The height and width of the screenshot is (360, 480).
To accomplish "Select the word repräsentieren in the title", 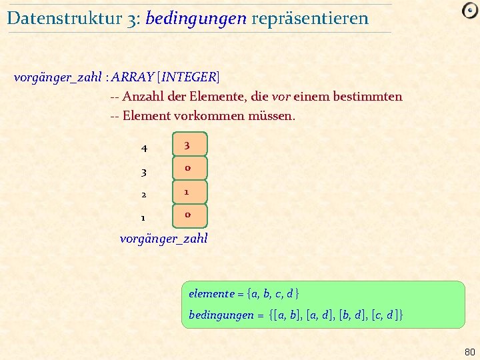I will pyautogui.click(x=310, y=18).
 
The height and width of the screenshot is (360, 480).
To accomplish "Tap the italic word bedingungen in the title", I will pyautogui.click(x=195, y=18).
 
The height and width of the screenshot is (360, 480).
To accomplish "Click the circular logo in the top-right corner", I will pyautogui.click(x=469, y=12).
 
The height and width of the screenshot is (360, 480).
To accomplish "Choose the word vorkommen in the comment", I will pyautogui.click(x=210, y=115).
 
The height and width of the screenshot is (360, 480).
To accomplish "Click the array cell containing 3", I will pyautogui.click(x=187, y=145).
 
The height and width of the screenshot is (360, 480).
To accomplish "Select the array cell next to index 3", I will pyautogui.click(x=187, y=168).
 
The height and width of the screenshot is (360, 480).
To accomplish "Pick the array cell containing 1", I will pyautogui.click(x=187, y=192).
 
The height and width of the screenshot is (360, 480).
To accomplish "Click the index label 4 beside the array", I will pyautogui.click(x=144, y=147).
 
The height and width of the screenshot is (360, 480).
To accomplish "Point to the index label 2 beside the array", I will pyautogui.click(x=144, y=195).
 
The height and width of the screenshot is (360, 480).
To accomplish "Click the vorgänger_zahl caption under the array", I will pyautogui.click(x=163, y=238).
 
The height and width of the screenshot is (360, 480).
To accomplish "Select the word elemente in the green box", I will pyautogui.click(x=211, y=293).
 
